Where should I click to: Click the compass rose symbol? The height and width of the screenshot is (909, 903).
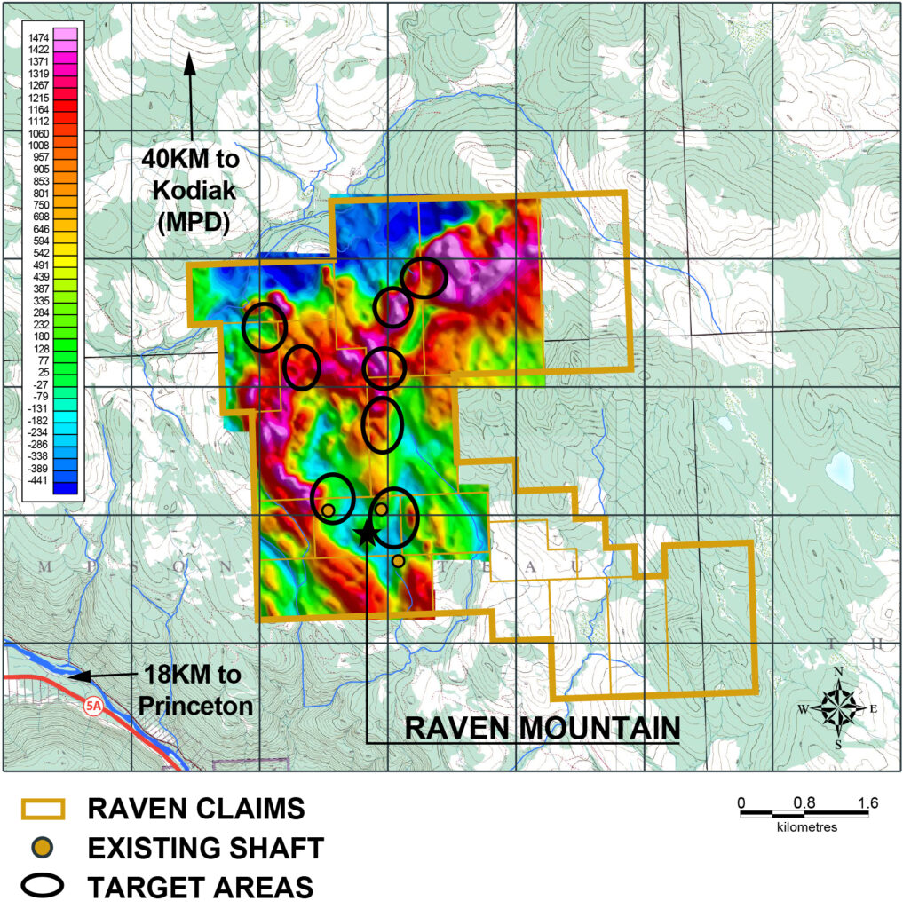point(837,707)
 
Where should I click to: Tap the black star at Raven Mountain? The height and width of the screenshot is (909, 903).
point(364,533)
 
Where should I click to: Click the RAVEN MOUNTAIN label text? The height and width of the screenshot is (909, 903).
point(543,727)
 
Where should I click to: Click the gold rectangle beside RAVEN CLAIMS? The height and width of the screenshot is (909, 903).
point(42,810)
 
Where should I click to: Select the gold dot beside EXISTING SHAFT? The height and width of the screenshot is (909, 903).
point(42,848)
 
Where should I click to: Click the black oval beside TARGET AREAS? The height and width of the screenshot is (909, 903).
point(42,885)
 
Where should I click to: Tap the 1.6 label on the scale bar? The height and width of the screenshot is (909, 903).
point(867,803)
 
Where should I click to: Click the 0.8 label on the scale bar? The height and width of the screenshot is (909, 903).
point(804,803)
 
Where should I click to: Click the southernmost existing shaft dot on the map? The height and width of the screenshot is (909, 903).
point(398,561)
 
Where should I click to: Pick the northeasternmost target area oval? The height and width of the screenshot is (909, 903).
point(424,278)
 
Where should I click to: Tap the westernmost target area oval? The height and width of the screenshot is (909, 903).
point(265,327)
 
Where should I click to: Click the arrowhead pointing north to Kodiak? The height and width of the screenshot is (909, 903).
point(188,63)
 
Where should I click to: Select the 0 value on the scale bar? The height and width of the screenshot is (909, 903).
point(741,803)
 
